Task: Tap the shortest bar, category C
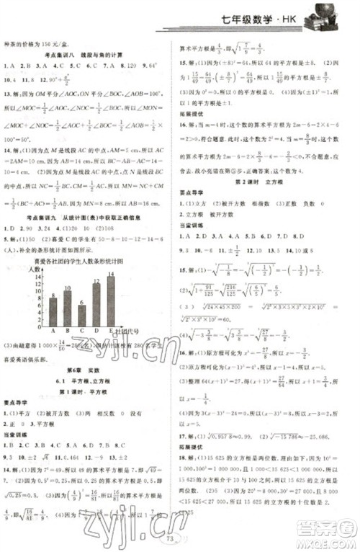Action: tap(82, 316)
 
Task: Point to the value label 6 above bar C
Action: tap(82, 302)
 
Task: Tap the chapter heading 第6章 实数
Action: tap(87, 367)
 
